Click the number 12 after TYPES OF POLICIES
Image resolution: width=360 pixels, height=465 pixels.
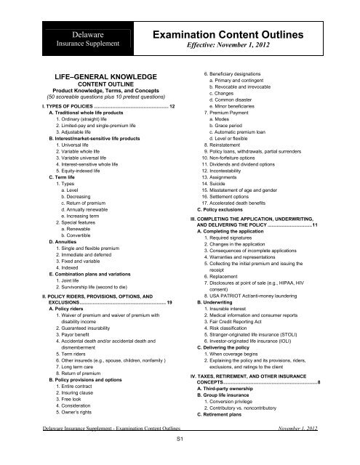pos(172,107)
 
